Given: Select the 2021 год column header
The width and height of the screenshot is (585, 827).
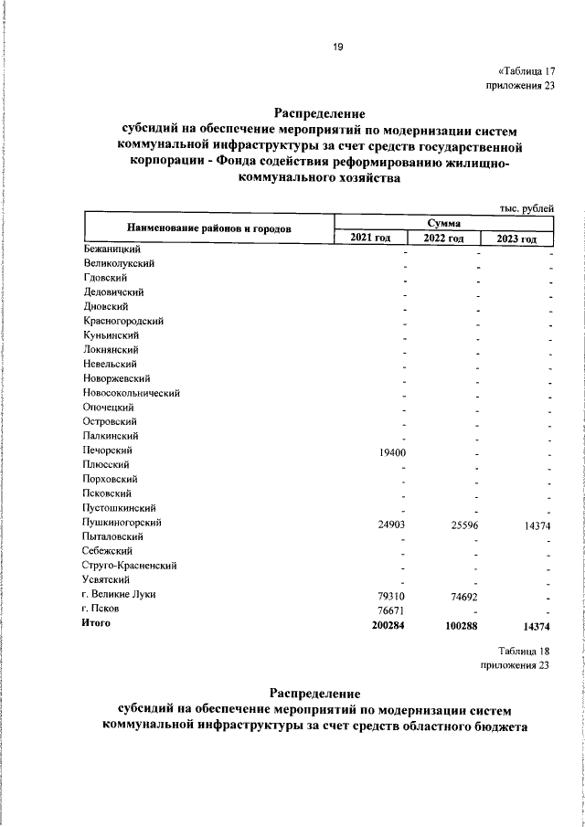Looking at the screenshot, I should coord(370,239).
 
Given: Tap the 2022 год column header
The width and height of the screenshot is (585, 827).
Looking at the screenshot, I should coord(444,239).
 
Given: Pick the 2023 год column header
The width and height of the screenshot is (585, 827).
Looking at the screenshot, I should coord(518,239).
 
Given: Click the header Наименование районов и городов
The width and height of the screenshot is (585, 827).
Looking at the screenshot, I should coord(208,229).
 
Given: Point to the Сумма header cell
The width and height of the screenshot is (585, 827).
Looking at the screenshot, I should coord(443,222).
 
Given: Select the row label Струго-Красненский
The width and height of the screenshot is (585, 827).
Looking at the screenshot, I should coord(129,566).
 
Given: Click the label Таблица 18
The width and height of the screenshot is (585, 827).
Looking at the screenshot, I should coord(527,651).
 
